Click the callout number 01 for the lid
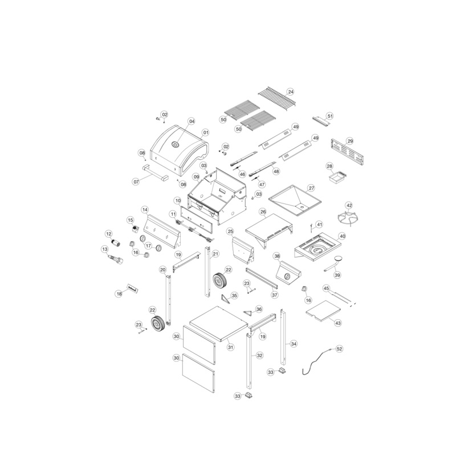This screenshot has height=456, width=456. pos(206,133)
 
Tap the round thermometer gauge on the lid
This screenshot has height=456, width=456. pos(176,144)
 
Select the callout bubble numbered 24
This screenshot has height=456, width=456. pos(291,92)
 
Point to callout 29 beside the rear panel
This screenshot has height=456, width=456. pos(350,141)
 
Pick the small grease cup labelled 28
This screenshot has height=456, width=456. pos(336,177)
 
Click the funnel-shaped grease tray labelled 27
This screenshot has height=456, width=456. pos(294,201)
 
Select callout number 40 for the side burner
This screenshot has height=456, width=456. pos(343,237)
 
